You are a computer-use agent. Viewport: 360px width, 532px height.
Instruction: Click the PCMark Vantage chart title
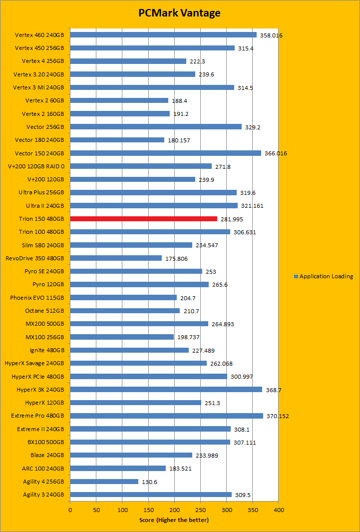179,13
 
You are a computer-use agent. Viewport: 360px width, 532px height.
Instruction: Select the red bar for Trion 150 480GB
144,219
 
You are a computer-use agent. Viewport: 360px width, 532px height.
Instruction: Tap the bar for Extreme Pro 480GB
166,416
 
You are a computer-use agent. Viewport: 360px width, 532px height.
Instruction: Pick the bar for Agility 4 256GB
104,482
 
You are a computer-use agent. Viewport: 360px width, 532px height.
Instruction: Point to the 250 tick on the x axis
201,510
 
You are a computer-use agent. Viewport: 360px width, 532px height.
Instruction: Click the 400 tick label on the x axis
279,510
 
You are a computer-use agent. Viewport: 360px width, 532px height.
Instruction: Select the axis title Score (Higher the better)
174,520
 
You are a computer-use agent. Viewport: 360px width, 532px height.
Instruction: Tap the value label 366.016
276,153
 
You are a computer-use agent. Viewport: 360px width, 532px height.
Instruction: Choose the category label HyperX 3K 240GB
40,389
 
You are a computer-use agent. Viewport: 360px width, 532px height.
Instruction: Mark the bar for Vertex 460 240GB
163,35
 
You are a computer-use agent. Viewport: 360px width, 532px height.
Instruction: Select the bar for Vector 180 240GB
117,140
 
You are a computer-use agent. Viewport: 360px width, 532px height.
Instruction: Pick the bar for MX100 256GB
122,337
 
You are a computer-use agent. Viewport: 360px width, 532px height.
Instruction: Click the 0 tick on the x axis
70,510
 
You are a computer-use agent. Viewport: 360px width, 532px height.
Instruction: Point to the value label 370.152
278,416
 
